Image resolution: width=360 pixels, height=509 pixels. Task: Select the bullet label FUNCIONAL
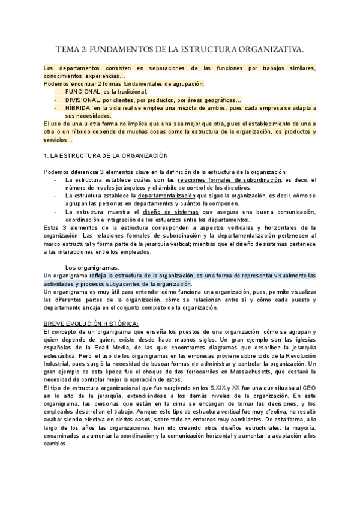point(84,92)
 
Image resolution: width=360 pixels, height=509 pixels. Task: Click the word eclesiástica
point(63,356)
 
